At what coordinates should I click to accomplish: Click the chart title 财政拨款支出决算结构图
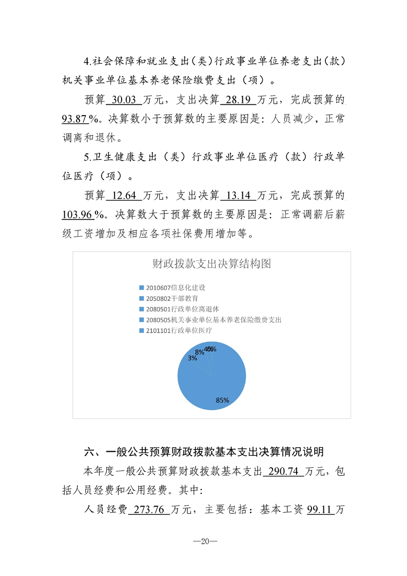point(211,264)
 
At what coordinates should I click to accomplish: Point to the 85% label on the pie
point(222,400)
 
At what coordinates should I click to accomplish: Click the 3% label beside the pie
point(192,358)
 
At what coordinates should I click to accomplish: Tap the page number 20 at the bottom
point(203,541)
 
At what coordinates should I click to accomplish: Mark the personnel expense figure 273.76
point(151,510)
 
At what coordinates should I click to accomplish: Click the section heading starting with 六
point(204,452)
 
